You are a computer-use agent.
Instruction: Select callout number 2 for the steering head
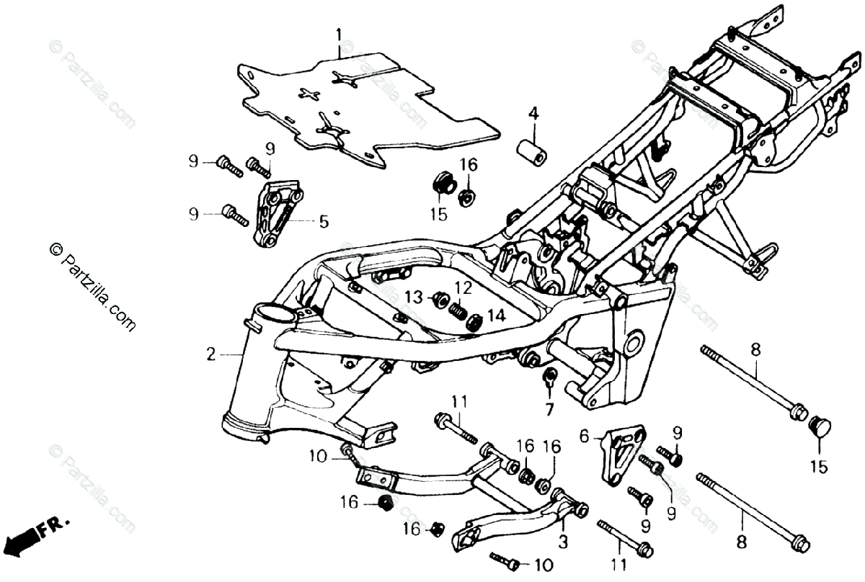[x=210, y=354]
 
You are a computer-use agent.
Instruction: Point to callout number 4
[x=533, y=113]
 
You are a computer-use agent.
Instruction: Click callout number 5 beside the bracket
[x=324, y=222]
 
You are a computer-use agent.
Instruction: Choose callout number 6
[x=585, y=435]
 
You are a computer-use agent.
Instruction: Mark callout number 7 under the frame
[x=549, y=410]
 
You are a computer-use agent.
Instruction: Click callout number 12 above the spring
[x=462, y=287]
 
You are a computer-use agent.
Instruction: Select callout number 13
[x=412, y=297]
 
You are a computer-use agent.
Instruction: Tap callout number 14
[x=496, y=315]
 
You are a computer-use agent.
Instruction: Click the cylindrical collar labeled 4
[x=532, y=149]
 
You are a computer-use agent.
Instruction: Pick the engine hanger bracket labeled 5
[x=276, y=214]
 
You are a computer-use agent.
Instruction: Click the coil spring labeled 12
[x=457, y=311]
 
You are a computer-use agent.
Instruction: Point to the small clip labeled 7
[x=549, y=376]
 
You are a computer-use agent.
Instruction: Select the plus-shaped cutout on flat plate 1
[x=310, y=94]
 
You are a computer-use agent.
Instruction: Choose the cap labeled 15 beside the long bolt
[x=820, y=427]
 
